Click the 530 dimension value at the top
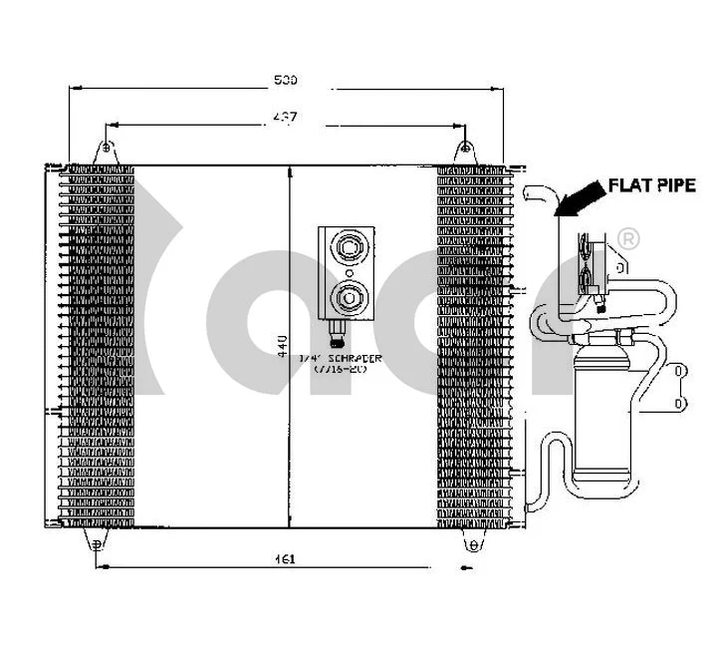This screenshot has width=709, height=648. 287,78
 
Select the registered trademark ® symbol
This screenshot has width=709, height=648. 628,239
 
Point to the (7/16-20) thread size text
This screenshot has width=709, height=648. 341,368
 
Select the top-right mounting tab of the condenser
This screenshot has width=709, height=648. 465,151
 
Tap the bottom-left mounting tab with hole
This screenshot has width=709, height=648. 97,542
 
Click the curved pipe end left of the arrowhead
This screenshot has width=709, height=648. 539,195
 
